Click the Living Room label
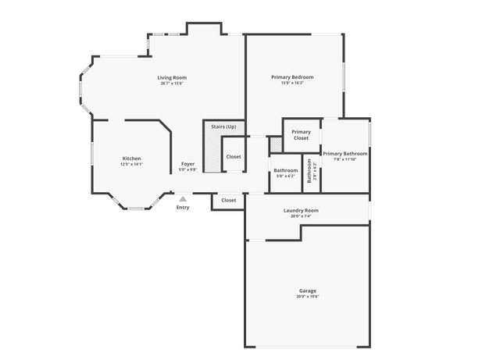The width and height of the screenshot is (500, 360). pyautogui.click(x=172, y=77)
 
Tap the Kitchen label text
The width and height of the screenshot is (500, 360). pyautogui.click(x=131, y=159)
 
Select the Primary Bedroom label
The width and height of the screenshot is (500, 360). pyautogui.click(x=292, y=77)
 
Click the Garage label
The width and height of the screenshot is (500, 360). pyautogui.click(x=306, y=291)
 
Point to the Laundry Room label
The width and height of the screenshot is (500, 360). pyautogui.click(x=301, y=210)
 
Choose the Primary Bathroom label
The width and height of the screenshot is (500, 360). pyautogui.click(x=345, y=154)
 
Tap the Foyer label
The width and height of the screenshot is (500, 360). pyautogui.click(x=188, y=164)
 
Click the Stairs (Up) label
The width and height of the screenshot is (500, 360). pyautogui.click(x=223, y=127)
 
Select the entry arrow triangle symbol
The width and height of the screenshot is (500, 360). pyautogui.click(x=183, y=199)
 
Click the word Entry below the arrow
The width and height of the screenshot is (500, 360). pyautogui.click(x=183, y=208)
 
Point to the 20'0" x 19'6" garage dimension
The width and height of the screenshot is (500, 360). pyautogui.click(x=306, y=297)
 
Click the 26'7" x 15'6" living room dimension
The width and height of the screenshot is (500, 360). pyautogui.click(x=172, y=84)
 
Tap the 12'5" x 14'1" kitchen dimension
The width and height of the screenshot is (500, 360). pyautogui.click(x=131, y=165)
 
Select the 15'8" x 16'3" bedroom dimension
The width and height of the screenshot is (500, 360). pyautogui.click(x=292, y=83)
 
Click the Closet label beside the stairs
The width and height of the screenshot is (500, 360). pyautogui.click(x=234, y=157)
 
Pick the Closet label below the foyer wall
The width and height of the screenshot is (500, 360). pyautogui.click(x=228, y=201)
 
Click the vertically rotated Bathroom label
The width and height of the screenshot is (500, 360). pyautogui.click(x=309, y=170)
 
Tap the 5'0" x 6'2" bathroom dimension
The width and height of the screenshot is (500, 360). pyautogui.click(x=285, y=176)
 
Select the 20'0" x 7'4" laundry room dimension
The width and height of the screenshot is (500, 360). pyautogui.click(x=301, y=216)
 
